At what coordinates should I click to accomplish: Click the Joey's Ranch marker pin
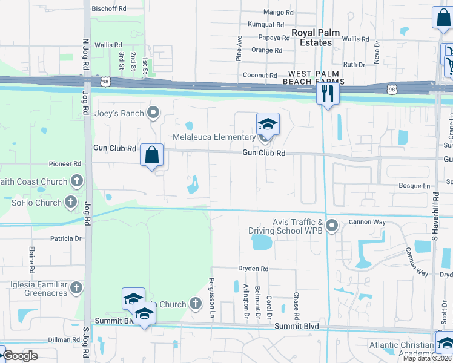point(153,113)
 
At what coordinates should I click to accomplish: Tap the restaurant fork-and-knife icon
point(328,93)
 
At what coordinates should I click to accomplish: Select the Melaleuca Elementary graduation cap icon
point(268,125)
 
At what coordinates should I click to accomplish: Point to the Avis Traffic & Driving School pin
point(332,226)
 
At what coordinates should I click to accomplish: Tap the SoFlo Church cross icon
point(71,202)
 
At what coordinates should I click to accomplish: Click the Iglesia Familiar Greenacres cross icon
point(76,287)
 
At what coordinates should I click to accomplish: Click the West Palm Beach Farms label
point(312,77)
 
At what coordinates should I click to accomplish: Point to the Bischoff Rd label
point(109,9)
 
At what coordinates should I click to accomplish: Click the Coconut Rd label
point(260,75)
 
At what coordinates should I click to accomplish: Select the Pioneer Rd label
point(65,164)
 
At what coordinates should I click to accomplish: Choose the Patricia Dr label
point(66,239)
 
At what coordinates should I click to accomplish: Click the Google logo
point(21,356)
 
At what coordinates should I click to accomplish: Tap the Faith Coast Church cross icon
point(77,180)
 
